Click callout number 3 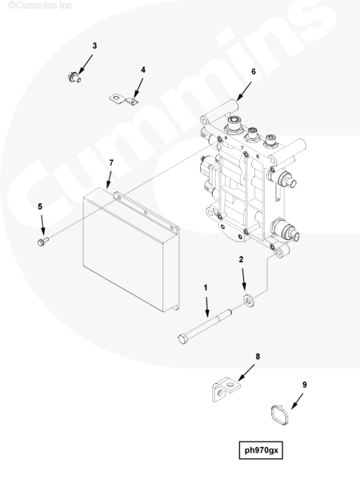[x=94, y=46]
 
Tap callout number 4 [x=143, y=70]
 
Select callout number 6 [x=254, y=72]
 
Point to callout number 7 [x=111, y=163]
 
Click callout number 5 [x=40, y=207]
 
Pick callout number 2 [x=241, y=259]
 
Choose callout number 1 [x=206, y=288]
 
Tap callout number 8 [x=258, y=357]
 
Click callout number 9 [x=304, y=385]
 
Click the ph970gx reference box [x=261, y=450]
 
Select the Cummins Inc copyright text [x=40, y=5]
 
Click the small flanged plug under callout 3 [x=74, y=77]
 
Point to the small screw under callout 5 [x=43, y=242]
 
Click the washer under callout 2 [x=249, y=301]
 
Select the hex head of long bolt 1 [x=182, y=339]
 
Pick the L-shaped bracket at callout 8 [x=225, y=389]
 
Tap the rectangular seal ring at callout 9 [x=280, y=415]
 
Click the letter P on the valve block [x=226, y=138]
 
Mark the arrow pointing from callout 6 [x=244, y=91]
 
